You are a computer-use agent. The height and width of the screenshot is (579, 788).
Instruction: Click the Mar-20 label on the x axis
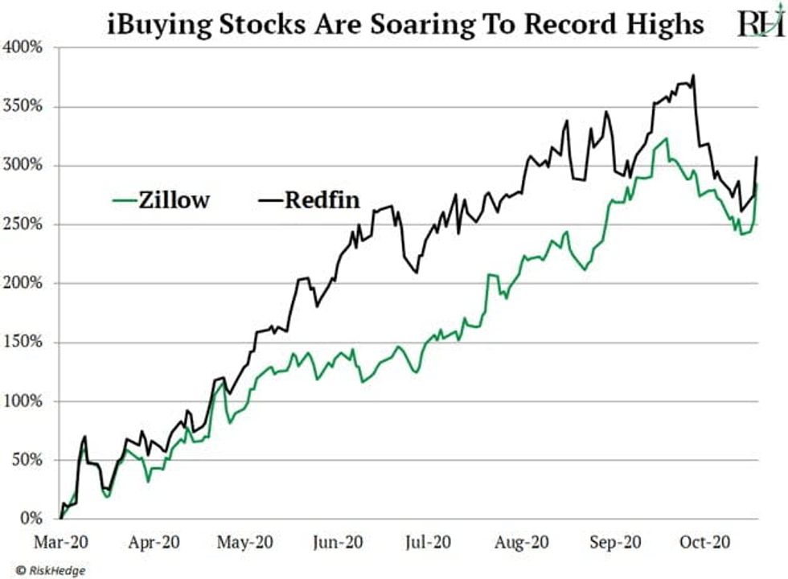61,543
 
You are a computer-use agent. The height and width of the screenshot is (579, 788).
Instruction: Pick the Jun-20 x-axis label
336,543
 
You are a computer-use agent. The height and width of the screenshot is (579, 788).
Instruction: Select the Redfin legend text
321,199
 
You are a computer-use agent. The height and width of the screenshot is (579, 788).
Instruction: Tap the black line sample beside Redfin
269,199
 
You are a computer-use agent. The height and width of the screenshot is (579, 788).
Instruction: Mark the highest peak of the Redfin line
693,76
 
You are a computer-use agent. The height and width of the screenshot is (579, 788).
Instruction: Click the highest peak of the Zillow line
665,138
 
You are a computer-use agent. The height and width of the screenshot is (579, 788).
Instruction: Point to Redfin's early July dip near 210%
416,273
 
